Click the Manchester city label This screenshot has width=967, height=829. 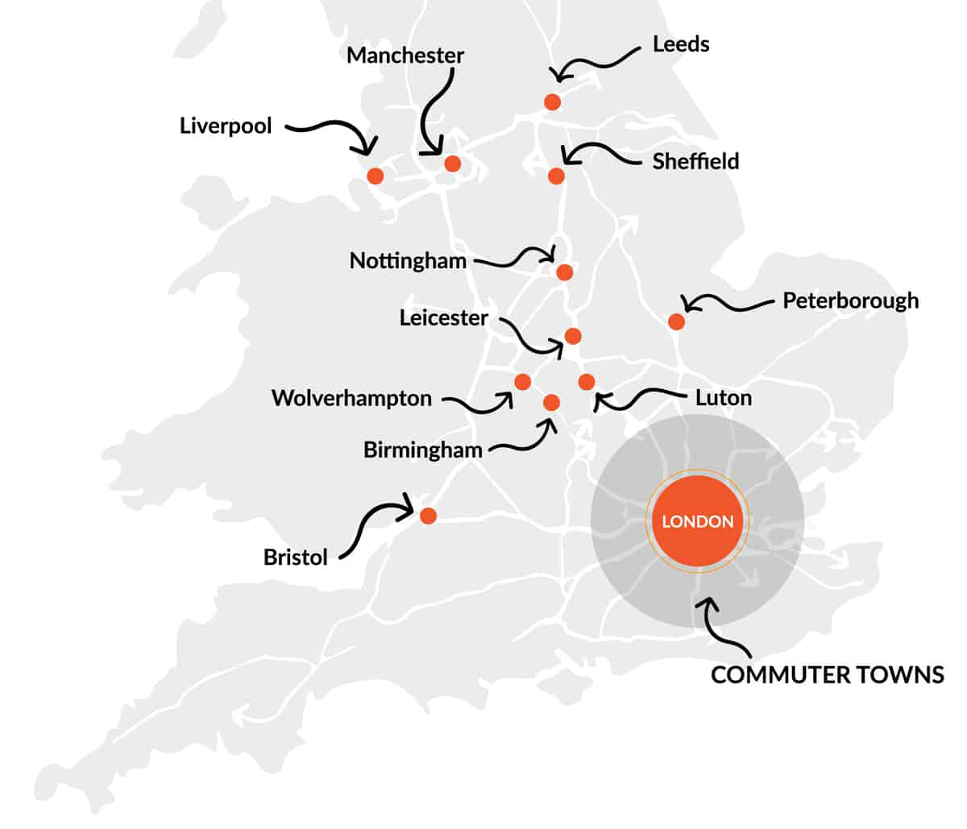(405, 56)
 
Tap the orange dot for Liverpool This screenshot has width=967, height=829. (375, 176)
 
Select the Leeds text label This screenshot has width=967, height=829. (681, 44)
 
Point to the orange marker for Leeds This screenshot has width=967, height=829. (552, 102)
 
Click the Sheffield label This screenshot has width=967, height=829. (695, 161)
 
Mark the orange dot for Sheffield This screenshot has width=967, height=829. (556, 176)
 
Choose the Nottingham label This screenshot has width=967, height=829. (408, 261)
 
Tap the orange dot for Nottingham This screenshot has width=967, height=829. (564, 272)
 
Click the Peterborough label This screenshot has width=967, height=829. (850, 301)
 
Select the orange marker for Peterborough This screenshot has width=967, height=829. (677, 322)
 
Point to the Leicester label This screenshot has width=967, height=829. (444, 318)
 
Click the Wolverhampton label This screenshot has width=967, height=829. (351, 398)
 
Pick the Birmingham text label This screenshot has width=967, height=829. (423, 450)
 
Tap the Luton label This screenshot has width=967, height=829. (724, 398)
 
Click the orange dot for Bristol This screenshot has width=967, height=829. (428, 516)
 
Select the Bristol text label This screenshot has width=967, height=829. (296, 558)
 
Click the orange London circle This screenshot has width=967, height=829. (698, 521)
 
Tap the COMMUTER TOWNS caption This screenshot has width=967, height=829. (828, 675)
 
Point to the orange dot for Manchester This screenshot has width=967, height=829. (452, 164)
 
